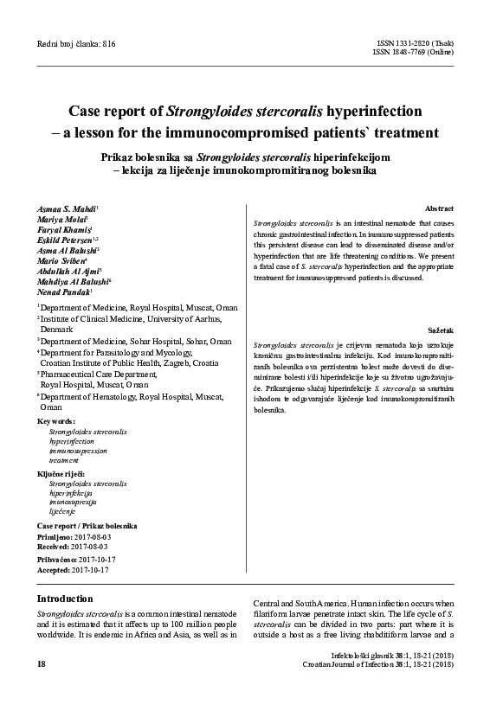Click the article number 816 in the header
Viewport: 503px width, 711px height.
coord(107,44)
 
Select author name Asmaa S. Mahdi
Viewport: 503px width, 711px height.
coord(67,209)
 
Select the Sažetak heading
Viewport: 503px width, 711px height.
coord(440,330)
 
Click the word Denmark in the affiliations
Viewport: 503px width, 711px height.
coord(58,330)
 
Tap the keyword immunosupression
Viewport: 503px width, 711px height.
coord(78,452)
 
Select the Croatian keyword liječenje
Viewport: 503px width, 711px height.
coord(62,512)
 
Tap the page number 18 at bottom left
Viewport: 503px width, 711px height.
coord(42,663)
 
